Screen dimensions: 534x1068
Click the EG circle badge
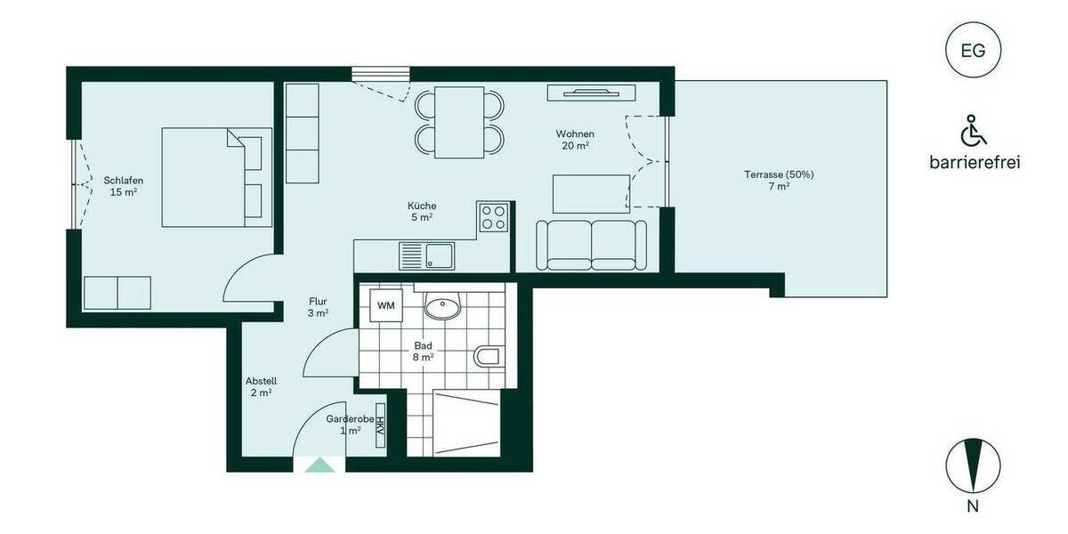973,51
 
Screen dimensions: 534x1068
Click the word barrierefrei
974,162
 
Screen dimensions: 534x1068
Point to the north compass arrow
973,465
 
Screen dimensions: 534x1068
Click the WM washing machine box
386,306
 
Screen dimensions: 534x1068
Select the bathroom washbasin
442,308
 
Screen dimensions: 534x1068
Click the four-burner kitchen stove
493,217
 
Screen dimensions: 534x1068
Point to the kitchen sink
427,256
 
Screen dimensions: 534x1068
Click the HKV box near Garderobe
380,431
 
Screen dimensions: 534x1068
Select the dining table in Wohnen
459,122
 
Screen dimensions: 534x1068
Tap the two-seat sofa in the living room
591,245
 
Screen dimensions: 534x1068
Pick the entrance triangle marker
320,465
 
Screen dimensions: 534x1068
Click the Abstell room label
262,386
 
